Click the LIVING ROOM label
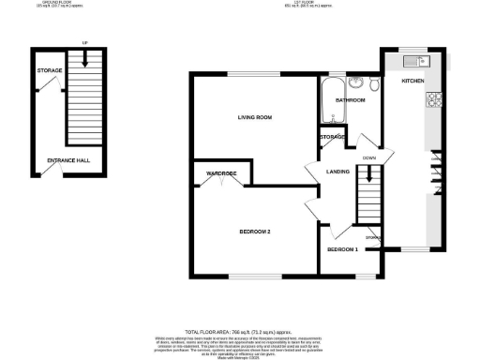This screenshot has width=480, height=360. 254,117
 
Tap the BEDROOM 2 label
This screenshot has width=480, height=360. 254,232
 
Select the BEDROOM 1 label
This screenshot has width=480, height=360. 343,250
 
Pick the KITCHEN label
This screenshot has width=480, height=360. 413,82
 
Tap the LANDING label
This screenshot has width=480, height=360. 337,172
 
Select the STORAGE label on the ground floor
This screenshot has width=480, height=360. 50,71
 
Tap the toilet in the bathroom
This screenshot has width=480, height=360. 374,86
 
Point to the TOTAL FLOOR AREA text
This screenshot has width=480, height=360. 239,332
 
